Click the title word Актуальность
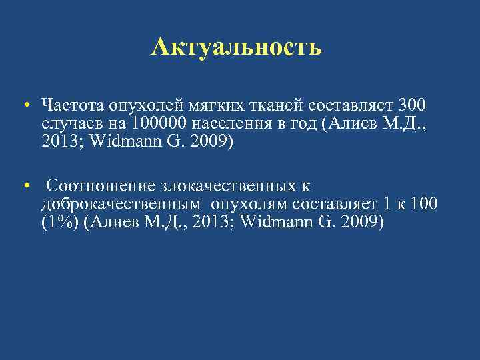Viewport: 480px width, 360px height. click(236, 47)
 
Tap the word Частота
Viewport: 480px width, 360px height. click(63, 105)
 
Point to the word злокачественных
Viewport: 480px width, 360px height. click(226, 186)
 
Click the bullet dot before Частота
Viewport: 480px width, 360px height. click(24, 105)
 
